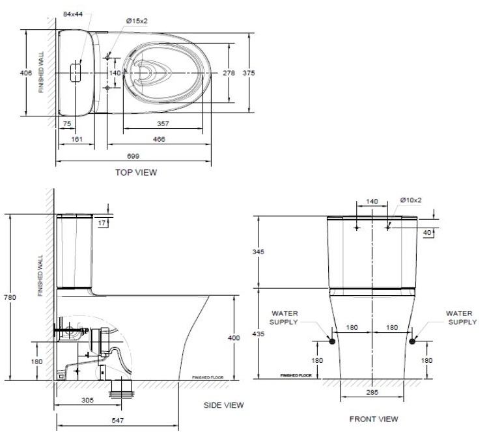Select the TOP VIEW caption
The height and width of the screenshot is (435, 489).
point(135,172)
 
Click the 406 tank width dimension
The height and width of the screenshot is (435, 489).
point(26,73)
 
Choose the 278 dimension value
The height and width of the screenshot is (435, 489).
point(228,73)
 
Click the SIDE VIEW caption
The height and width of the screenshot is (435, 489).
point(223,405)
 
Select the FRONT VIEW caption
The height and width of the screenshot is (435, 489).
point(373,418)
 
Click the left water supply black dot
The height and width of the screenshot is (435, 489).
point(331,340)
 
